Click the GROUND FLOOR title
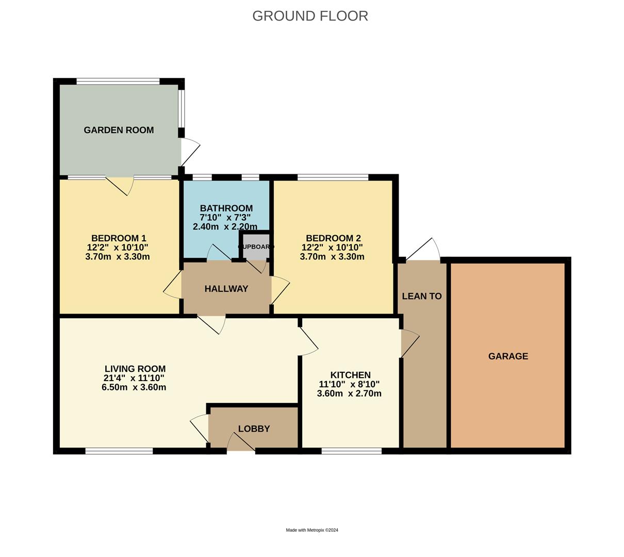(310, 16)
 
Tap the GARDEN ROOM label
(119, 130)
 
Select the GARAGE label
(508, 356)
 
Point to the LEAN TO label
(421, 296)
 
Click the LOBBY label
(254, 429)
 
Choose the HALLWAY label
(226, 289)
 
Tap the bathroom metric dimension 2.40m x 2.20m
(225, 226)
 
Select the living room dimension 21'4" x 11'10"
(134, 378)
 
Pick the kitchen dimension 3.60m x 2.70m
(349, 394)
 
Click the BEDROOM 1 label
(119, 238)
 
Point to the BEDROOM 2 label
(333, 238)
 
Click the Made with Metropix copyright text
(312, 530)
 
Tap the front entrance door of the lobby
(241, 443)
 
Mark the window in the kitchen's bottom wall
(351, 451)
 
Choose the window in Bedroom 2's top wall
(333, 177)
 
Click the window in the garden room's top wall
(118, 81)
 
